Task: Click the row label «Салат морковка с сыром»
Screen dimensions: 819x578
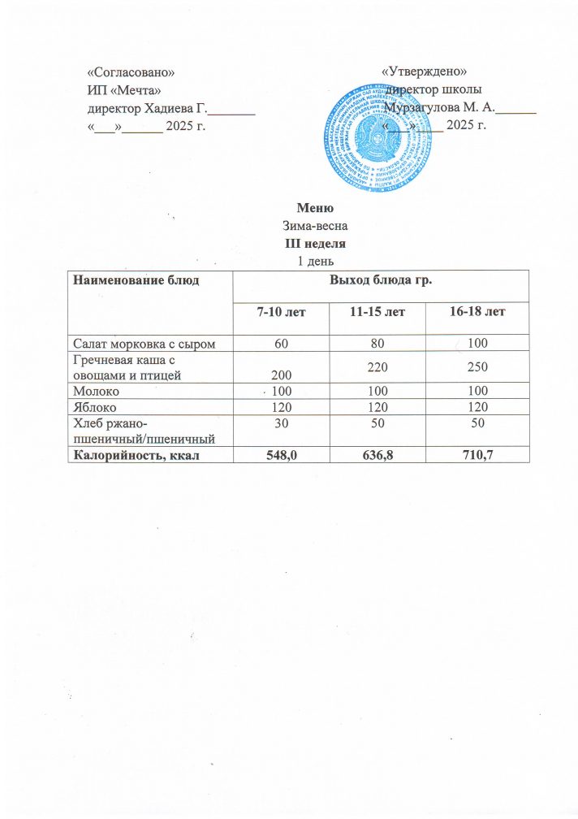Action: pyautogui.click(x=144, y=344)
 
